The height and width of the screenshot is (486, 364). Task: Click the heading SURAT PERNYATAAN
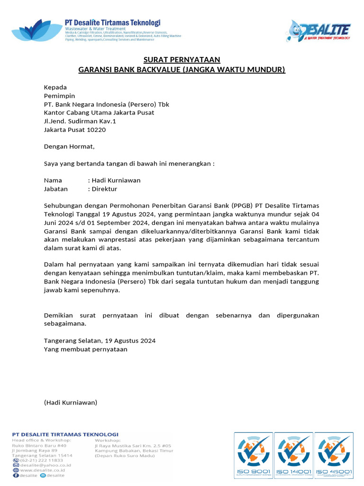(x=182, y=60)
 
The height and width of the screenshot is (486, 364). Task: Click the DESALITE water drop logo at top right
(x=318, y=31)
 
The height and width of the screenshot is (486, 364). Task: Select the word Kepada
(x=55, y=87)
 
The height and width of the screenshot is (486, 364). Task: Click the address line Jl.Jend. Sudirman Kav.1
(x=80, y=121)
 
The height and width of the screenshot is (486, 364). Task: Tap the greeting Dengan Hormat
(x=69, y=147)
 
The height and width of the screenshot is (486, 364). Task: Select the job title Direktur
(x=104, y=189)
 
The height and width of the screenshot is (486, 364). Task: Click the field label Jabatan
(x=56, y=189)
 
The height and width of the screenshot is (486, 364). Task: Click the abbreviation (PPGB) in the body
(x=242, y=206)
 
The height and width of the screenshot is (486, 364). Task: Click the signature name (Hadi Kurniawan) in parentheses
(x=71, y=402)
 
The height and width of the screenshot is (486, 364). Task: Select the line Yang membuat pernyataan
(x=86, y=349)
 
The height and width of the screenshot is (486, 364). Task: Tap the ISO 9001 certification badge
(x=254, y=455)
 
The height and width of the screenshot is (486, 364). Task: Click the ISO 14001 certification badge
(x=293, y=455)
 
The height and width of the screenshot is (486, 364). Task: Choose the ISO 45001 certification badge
(x=334, y=455)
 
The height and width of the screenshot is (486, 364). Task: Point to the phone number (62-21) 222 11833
(x=41, y=460)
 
